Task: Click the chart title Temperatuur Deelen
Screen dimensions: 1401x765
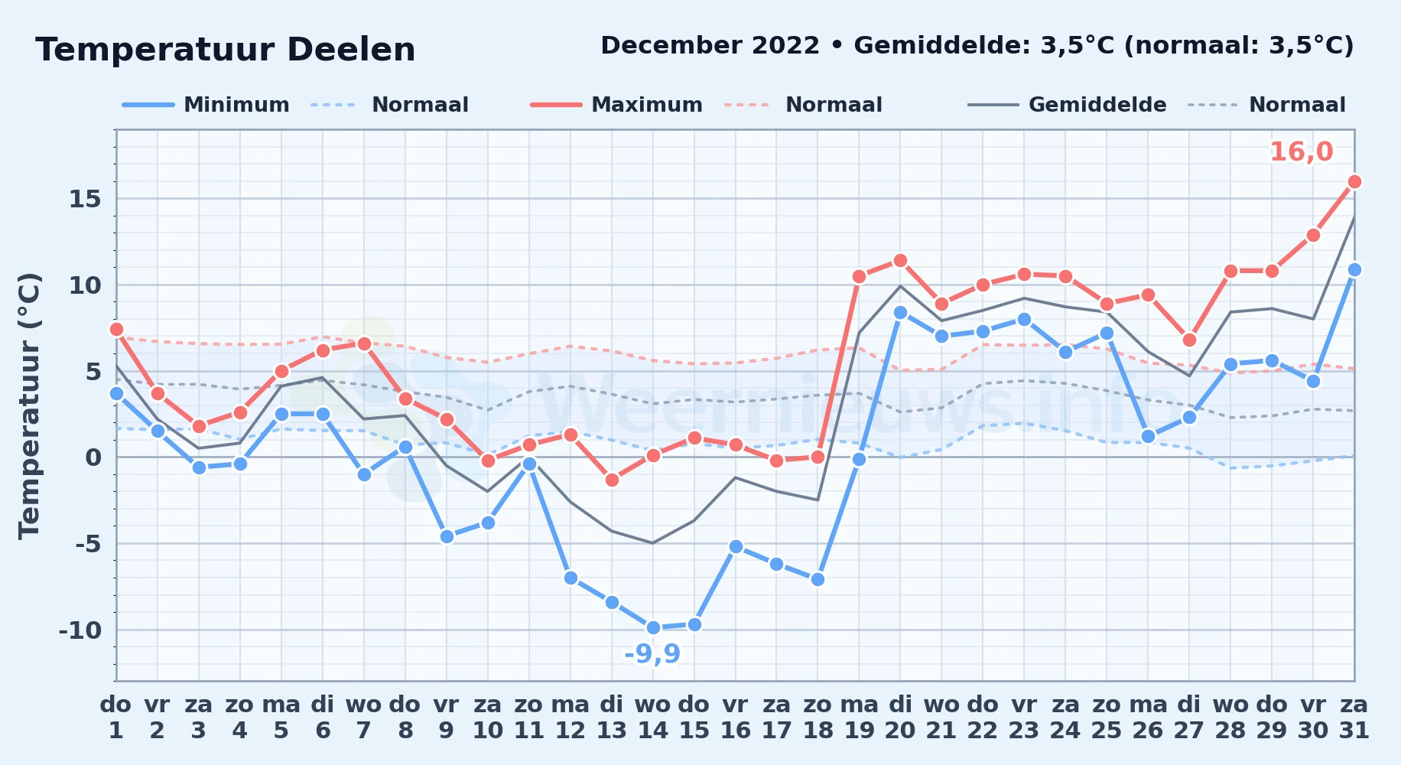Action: [226, 50]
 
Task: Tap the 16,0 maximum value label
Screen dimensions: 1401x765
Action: [1301, 152]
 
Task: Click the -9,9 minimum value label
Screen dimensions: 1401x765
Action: [652, 654]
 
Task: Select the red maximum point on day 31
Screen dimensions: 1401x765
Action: [1354, 181]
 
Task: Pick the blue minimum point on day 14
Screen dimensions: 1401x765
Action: [653, 628]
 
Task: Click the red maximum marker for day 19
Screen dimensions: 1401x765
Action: [859, 276]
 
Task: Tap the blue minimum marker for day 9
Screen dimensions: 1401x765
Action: [447, 536]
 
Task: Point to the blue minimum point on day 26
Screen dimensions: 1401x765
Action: [1148, 436]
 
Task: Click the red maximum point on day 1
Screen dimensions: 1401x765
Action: [116, 329]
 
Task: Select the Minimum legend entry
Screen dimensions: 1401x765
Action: [206, 105]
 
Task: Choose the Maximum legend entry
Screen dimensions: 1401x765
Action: [616, 105]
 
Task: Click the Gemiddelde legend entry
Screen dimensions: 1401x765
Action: [1068, 105]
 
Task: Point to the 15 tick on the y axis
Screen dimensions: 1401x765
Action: [85, 199]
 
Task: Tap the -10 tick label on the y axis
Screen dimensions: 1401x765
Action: [80, 630]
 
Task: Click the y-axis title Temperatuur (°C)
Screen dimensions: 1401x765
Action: [29, 406]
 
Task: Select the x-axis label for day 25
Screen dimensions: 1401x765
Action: [1107, 718]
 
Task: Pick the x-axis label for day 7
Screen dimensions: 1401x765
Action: [364, 718]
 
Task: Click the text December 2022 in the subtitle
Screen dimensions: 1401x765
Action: [710, 45]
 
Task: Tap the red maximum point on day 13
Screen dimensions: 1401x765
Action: [612, 480]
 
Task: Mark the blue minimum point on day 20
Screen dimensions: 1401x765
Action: [900, 312]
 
